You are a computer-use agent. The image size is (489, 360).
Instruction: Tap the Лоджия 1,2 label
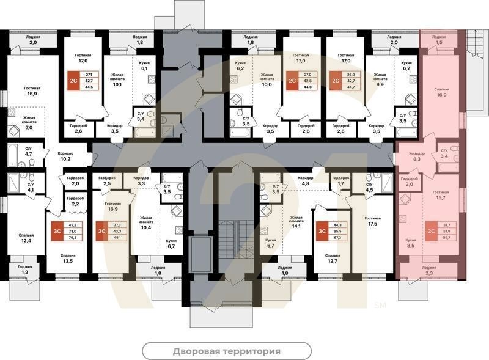coord(24,270)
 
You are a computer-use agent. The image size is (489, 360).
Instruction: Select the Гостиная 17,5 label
coord(373,221)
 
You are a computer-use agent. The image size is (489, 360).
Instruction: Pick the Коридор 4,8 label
coord(306,180)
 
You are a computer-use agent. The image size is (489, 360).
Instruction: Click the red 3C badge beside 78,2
coord(56,232)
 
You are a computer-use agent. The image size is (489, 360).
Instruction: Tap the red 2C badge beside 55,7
coord(432,231)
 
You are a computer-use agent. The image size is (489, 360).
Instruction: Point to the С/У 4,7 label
coord(29,150)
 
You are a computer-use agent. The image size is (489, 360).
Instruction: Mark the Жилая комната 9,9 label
coord(380,81)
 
